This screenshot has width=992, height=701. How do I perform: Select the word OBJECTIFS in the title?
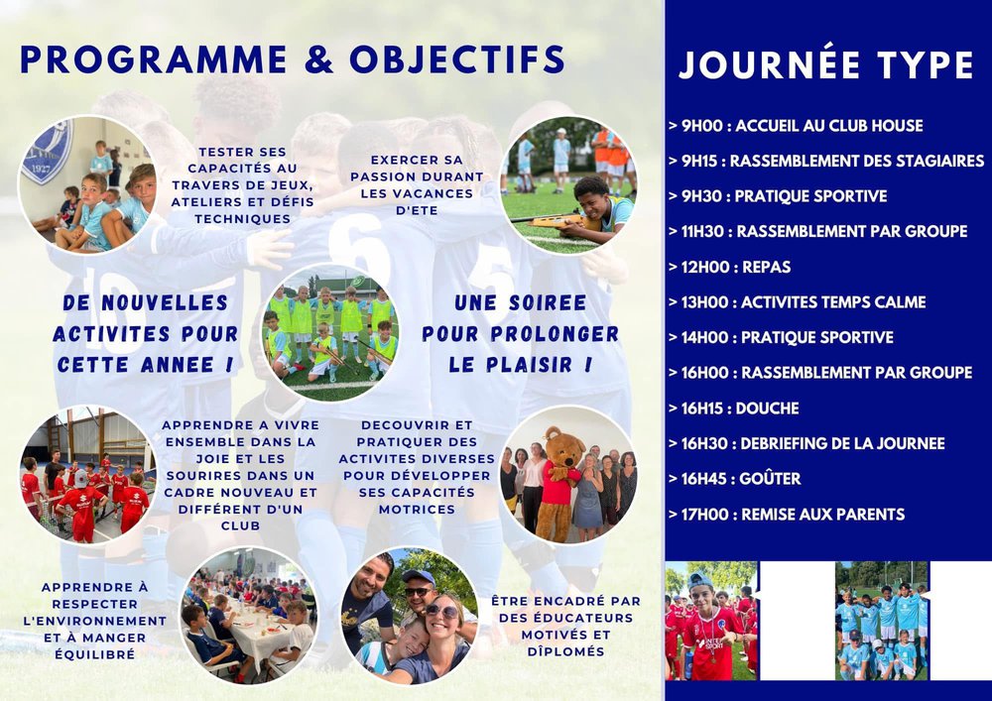click(x=456, y=59)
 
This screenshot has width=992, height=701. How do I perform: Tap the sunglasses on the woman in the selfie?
click(x=441, y=611)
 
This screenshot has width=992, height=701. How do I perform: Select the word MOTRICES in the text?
click(x=417, y=509)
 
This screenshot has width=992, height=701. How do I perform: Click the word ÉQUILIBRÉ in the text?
click(x=95, y=654)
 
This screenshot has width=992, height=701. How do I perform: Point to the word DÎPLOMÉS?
click(x=566, y=651)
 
